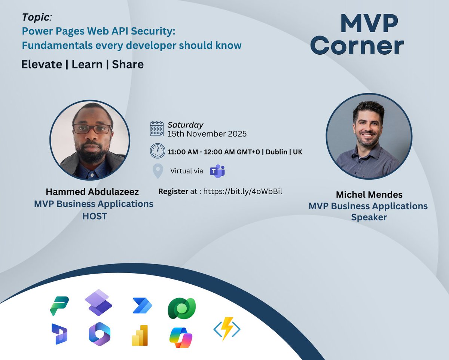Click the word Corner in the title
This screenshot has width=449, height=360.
(x=357, y=46)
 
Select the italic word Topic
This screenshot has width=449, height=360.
(x=36, y=17)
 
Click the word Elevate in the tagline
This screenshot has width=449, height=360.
(x=42, y=64)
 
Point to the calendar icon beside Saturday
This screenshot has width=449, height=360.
(x=157, y=128)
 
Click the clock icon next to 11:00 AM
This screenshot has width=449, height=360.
(x=157, y=151)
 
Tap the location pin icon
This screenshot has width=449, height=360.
(x=158, y=171)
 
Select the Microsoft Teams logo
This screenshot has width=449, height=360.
(x=217, y=171)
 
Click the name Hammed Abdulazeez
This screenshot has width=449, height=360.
(x=92, y=192)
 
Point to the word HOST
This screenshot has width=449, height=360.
(x=95, y=216)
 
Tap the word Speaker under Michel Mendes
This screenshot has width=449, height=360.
(x=369, y=217)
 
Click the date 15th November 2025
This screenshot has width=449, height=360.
(x=207, y=134)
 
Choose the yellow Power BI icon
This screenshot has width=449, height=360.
(x=140, y=335)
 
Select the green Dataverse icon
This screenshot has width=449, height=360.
(x=182, y=308)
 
